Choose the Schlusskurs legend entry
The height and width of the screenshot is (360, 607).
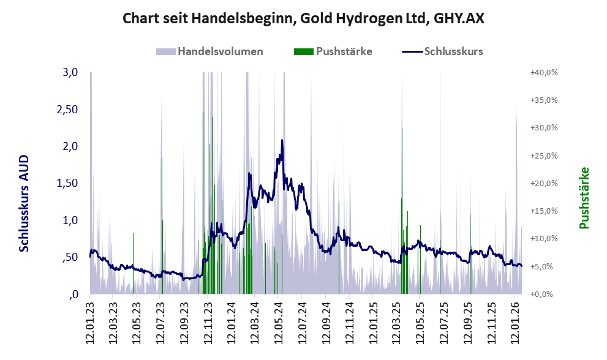(x=453, y=51)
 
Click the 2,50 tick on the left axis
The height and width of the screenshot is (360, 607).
(x=68, y=109)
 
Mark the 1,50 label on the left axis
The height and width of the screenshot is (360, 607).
(x=68, y=183)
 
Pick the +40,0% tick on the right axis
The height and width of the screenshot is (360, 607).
(x=543, y=72)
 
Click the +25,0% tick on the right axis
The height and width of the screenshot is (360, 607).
(x=543, y=156)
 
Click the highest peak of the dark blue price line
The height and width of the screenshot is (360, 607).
(x=282, y=141)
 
